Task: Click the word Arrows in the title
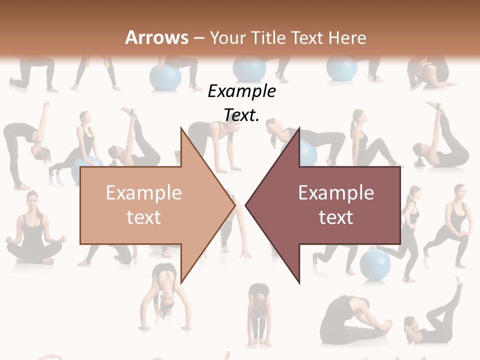pyautogui.click(x=157, y=37)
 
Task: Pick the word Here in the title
pyautogui.click(x=347, y=37)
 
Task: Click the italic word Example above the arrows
pyautogui.click(x=241, y=91)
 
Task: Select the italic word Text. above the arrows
pyautogui.click(x=241, y=115)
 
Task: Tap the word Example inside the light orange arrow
pyautogui.click(x=143, y=193)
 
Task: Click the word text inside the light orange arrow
pyautogui.click(x=143, y=217)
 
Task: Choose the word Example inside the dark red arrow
pyautogui.click(x=336, y=193)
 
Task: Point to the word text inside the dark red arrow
pyautogui.click(x=336, y=217)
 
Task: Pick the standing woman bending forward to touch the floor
pyautogui.click(x=258, y=315)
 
